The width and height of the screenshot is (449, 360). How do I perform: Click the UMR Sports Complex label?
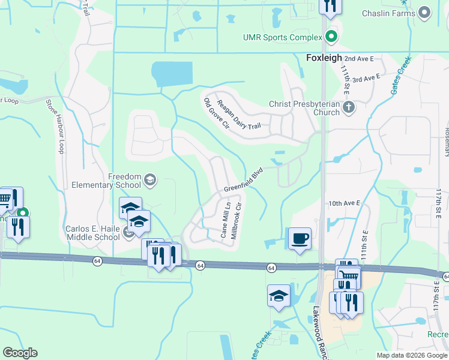coord(283,38)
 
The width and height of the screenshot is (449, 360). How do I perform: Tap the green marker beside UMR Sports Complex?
coord(331,38)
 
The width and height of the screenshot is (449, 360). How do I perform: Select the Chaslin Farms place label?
coord(388,13)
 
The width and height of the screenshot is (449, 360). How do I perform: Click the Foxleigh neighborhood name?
coord(324,58)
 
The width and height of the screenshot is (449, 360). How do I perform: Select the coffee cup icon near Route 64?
coord(300,238)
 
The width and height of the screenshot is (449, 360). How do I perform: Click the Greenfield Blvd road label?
coord(244,179)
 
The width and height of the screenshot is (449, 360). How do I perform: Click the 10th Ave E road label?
coord(343,204)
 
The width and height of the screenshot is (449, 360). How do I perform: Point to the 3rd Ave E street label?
coord(367,79)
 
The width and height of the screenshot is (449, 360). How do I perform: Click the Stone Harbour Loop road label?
coord(55,126)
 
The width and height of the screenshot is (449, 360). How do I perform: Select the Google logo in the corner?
coord(20,353)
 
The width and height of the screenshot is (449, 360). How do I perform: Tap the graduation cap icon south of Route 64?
coord(279,295)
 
